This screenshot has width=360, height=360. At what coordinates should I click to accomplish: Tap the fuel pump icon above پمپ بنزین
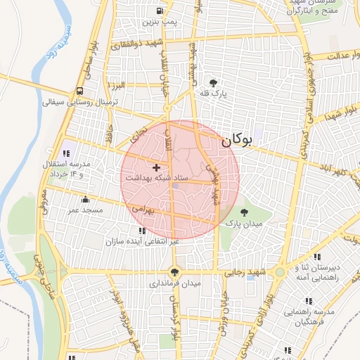point(161,11)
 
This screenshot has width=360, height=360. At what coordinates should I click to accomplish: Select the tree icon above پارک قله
point(213,83)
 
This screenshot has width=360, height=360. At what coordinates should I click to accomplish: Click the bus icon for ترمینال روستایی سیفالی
point(79,91)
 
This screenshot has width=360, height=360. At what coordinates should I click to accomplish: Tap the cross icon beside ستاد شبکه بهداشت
point(156,167)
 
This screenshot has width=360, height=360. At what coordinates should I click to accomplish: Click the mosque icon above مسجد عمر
point(85,200)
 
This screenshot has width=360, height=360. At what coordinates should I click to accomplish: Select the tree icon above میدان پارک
point(244,212)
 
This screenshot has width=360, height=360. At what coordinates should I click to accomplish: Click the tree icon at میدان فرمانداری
point(174,272)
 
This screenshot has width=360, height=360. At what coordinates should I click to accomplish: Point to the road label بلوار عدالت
point(333,55)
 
